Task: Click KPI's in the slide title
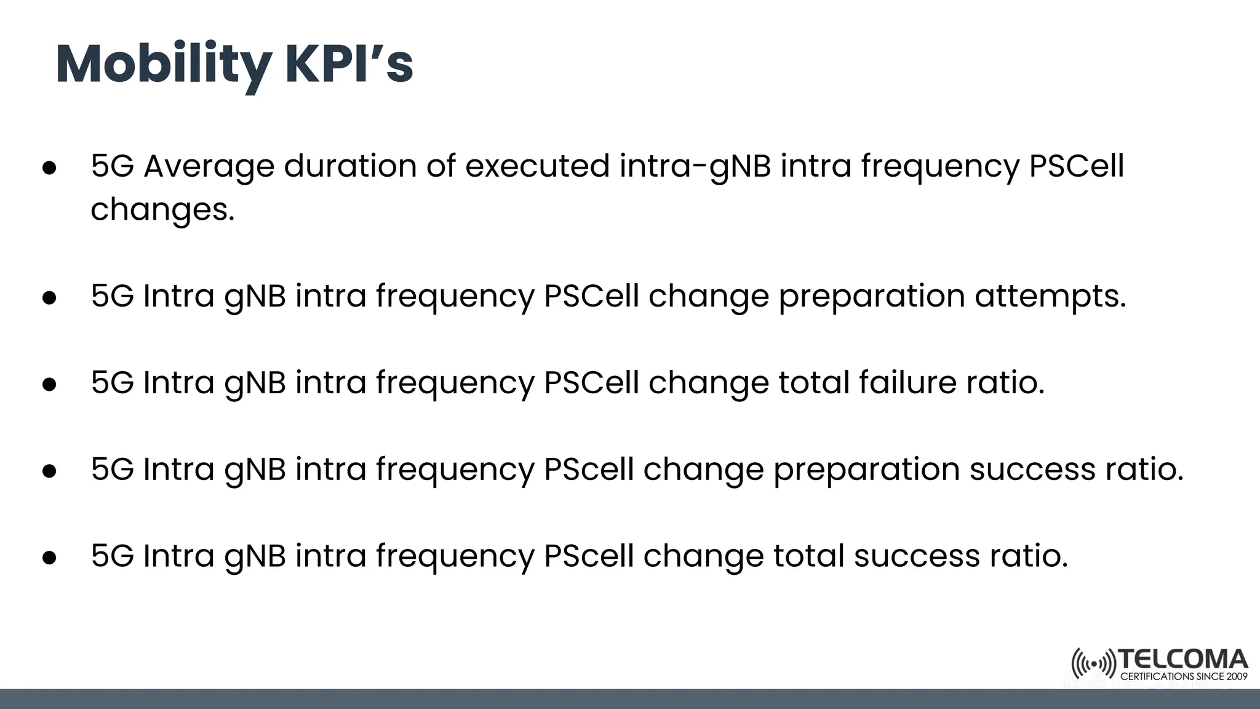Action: click(349, 64)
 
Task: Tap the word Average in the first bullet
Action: click(209, 166)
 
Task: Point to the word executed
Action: click(537, 166)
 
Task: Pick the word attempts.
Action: click(1050, 297)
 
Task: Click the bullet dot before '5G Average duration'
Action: click(49, 168)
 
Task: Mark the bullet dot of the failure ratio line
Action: click(49, 385)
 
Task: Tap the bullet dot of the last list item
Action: click(49, 558)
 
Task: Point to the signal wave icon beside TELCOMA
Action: click(1093, 664)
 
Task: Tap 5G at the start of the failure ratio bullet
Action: click(112, 383)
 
